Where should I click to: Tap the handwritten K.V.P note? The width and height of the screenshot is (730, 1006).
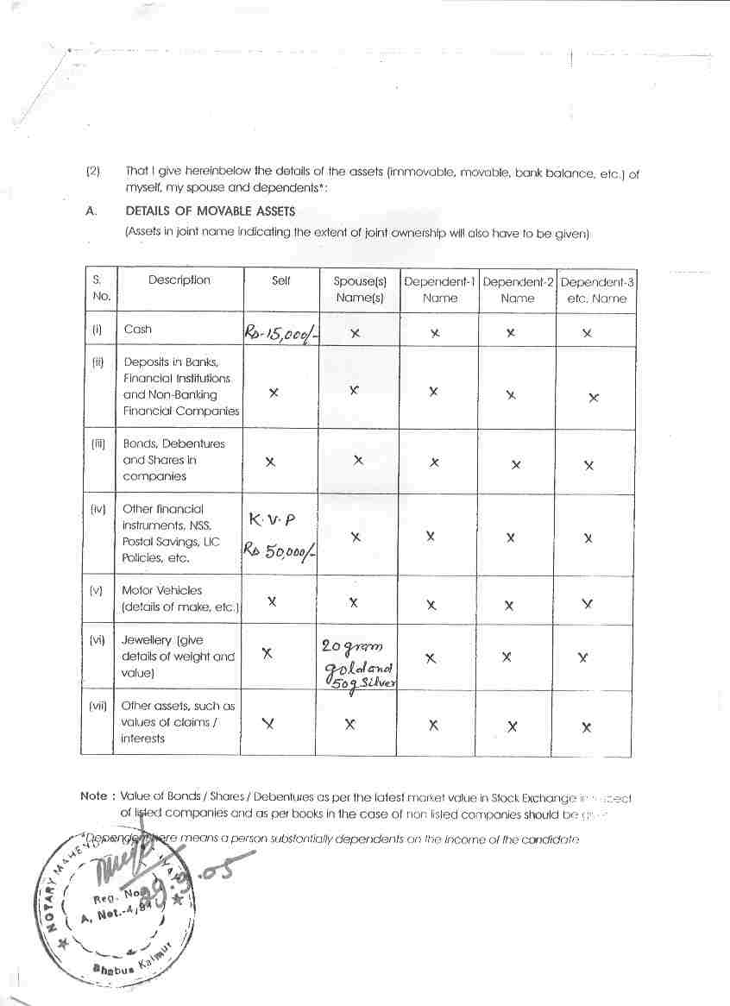pos(271,520)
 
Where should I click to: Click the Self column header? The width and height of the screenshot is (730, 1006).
pos(281,280)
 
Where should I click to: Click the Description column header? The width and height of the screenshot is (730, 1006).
pos(179,280)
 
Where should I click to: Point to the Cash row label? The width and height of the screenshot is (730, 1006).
pos(137,329)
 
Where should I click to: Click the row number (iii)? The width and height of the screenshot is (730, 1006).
pos(98,443)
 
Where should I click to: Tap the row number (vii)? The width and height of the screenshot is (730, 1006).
pos(98,706)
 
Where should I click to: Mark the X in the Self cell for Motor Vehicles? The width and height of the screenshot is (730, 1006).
pos(272,601)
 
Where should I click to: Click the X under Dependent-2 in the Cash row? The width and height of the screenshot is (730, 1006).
pos(511,332)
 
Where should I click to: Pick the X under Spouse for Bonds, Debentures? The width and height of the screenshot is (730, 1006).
pos(358,461)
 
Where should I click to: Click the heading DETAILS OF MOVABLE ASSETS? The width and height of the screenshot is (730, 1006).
pos(210,211)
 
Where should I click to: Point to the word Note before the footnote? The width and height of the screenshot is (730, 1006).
pos(93,796)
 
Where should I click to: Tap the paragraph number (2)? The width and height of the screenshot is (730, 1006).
pos(93,171)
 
